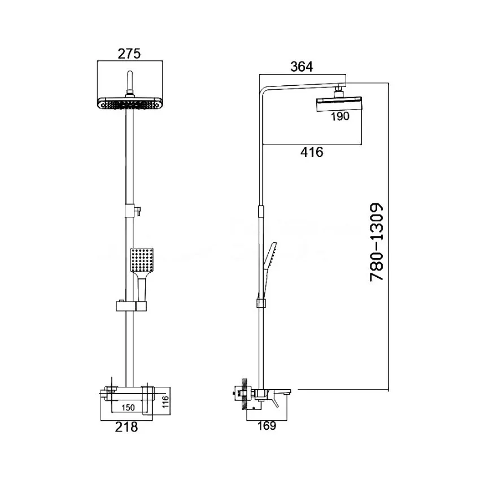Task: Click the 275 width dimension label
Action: [129, 54]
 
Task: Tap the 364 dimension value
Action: [302, 67]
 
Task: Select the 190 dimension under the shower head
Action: [340, 116]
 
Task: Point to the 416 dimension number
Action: [312, 152]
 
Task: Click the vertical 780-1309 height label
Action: [377, 242]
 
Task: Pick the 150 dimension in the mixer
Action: [128, 408]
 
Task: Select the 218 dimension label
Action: [126, 427]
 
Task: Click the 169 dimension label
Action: [267, 426]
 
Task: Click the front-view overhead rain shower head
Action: [130, 103]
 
